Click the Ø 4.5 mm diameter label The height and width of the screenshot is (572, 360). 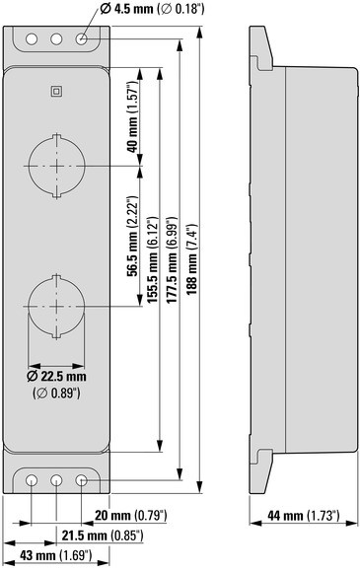point(152,9)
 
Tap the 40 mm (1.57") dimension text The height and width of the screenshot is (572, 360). point(132,116)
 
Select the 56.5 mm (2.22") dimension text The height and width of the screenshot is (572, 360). point(133,237)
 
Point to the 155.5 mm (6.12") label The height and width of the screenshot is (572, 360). point(152,259)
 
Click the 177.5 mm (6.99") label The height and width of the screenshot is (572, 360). point(172,259)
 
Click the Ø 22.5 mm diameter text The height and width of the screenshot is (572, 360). point(56,377)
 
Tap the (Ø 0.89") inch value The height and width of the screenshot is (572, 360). point(56,393)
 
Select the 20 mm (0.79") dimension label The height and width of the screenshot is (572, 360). point(131,516)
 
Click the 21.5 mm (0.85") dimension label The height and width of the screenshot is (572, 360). point(103,536)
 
